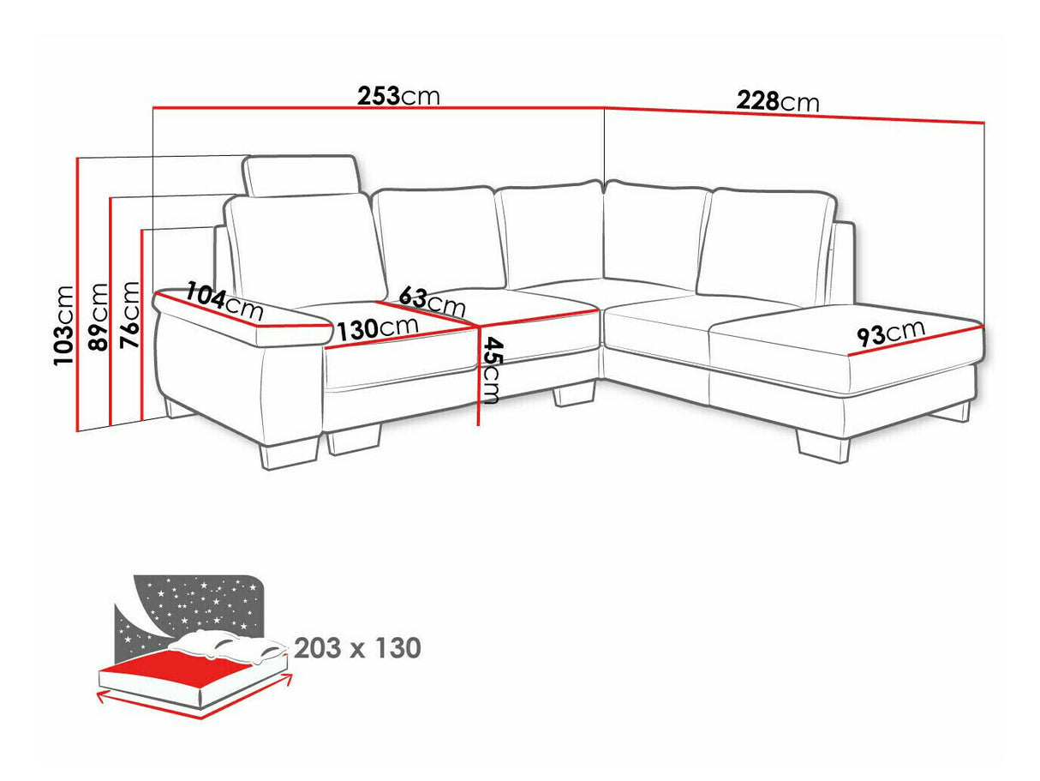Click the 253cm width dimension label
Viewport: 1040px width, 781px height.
(x=398, y=96)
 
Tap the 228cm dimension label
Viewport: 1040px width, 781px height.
(x=778, y=101)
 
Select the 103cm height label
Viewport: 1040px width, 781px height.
(x=64, y=325)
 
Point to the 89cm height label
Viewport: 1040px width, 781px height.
(x=99, y=316)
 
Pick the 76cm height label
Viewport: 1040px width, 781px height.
(x=130, y=315)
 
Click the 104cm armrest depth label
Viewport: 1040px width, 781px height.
(x=224, y=301)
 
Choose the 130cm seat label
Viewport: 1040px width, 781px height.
(x=378, y=328)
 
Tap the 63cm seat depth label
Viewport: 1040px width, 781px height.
(x=432, y=302)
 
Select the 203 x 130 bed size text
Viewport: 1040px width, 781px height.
(x=358, y=648)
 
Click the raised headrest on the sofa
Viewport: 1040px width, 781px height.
(x=301, y=175)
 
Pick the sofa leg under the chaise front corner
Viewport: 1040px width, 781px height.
(x=823, y=446)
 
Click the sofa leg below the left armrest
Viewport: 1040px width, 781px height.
(x=289, y=453)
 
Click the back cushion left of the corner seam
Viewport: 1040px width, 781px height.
(x=552, y=236)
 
